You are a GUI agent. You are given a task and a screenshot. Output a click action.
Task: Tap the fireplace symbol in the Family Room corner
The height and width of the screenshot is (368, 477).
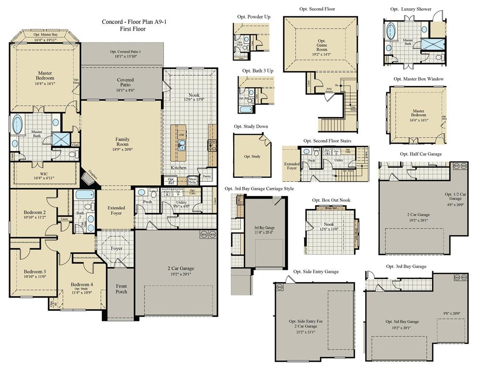[x=89, y=177]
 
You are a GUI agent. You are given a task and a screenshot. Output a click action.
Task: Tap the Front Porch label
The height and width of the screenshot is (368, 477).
[x=121, y=289]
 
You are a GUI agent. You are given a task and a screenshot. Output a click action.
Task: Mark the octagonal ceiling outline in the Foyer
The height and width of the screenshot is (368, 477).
[x=117, y=249]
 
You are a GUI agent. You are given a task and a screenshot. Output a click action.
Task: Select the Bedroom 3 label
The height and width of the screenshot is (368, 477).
[x=35, y=274]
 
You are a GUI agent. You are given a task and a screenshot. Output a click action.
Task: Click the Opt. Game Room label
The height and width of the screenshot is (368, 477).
[x=322, y=47]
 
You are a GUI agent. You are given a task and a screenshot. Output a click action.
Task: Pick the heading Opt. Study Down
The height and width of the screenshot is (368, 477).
[x=251, y=127]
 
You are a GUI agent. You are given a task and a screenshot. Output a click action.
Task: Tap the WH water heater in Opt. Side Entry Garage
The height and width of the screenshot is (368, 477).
[x=279, y=287]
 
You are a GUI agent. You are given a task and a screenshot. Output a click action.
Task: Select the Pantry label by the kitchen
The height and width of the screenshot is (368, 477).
[x=207, y=176]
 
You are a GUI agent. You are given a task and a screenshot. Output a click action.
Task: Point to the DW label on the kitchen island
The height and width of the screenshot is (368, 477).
[x=182, y=135]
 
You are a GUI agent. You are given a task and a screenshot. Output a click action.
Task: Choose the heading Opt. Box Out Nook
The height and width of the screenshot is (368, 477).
[x=331, y=200]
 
